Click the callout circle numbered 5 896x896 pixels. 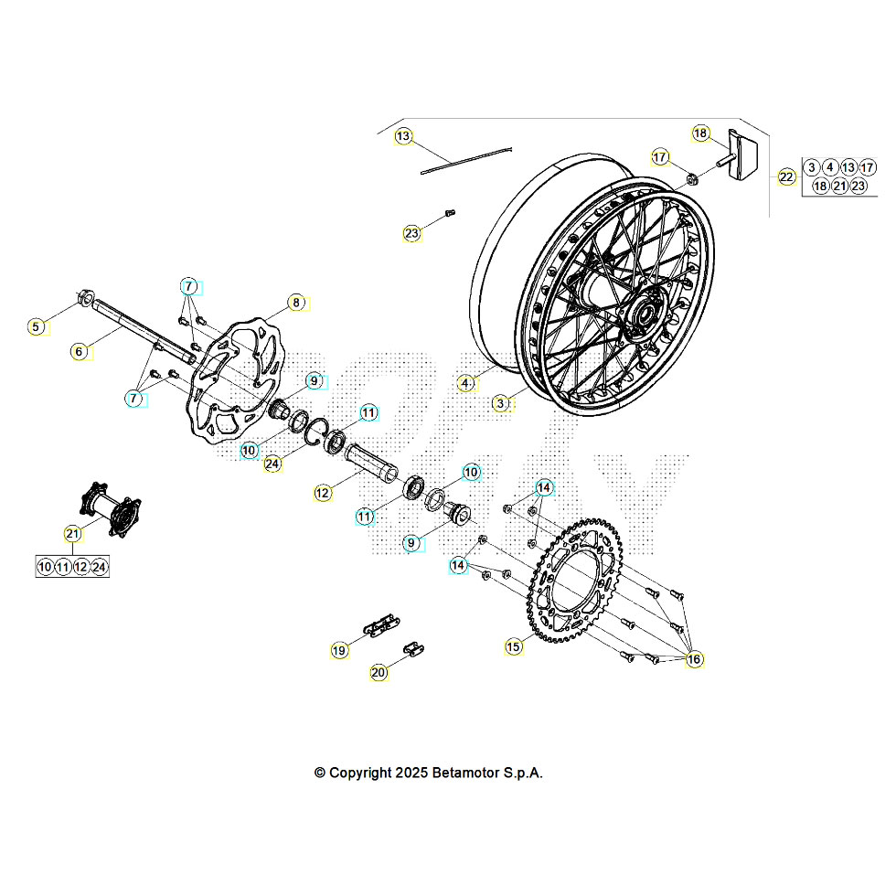pyautogui.click(x=37, y=326)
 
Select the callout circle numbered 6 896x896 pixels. pyautogui.click(x=80, y=350)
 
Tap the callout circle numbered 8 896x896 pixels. pyautogui.click(x=295, y=302)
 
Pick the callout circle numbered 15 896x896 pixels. pyautogui.click(x=514, y=646)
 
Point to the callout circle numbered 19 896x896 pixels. pyautogui.click(x=339, y=650)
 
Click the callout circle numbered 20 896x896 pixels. pyautogui.click(x=379, y=672)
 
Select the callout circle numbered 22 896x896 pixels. pyautogui.click(x=787, y=177)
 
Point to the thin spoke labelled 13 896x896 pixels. pyautogui.click(x=467, y=161)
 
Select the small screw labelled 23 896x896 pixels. pyautogui.click(x=449, y=214)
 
